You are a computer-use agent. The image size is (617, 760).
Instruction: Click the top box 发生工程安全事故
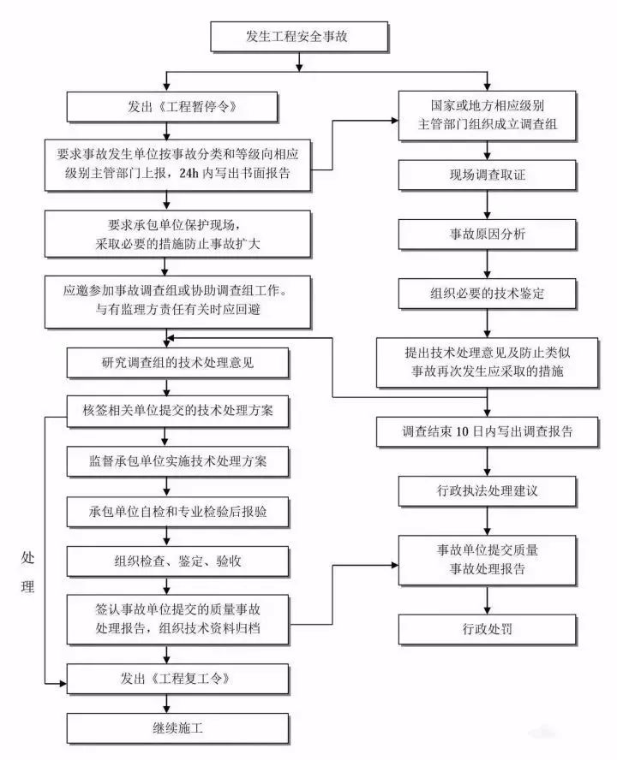point(298,36)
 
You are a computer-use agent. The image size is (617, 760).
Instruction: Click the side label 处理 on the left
point(28,572)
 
